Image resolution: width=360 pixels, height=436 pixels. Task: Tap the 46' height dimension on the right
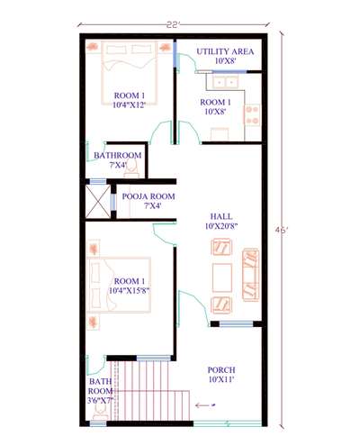pyautogui.click(x=282, y=230)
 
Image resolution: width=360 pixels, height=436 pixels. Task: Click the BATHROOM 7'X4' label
pyautogui.click(x=118, y=160)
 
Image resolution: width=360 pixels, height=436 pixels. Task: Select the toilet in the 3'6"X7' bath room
pyautogui.click(x=100, y=413)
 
